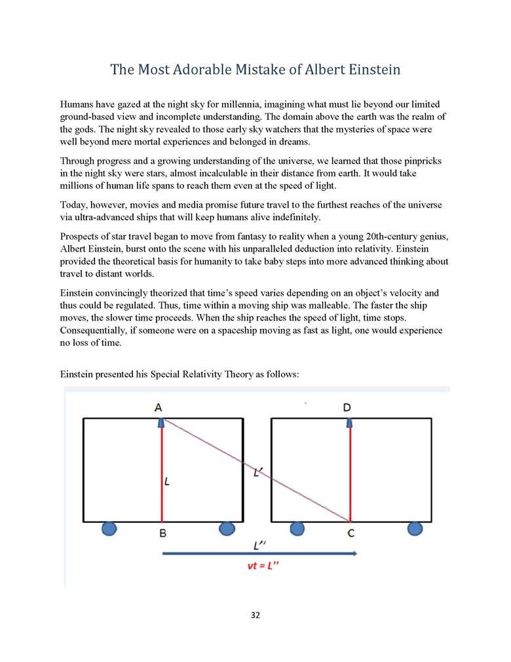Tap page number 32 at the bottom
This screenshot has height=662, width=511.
pyautogui.click(x=255, y=615)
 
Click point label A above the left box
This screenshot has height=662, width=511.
pyautogui.click(x=159, y=407)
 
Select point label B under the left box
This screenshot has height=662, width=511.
pyautogui.click(x=162, y=533)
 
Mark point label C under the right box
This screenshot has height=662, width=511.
pyautogui.click(x=351, y=533)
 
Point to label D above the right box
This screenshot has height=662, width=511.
pyautogui.click(x=347, y=407)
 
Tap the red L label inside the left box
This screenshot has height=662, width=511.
pyautogui.click(x=168, y=482)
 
